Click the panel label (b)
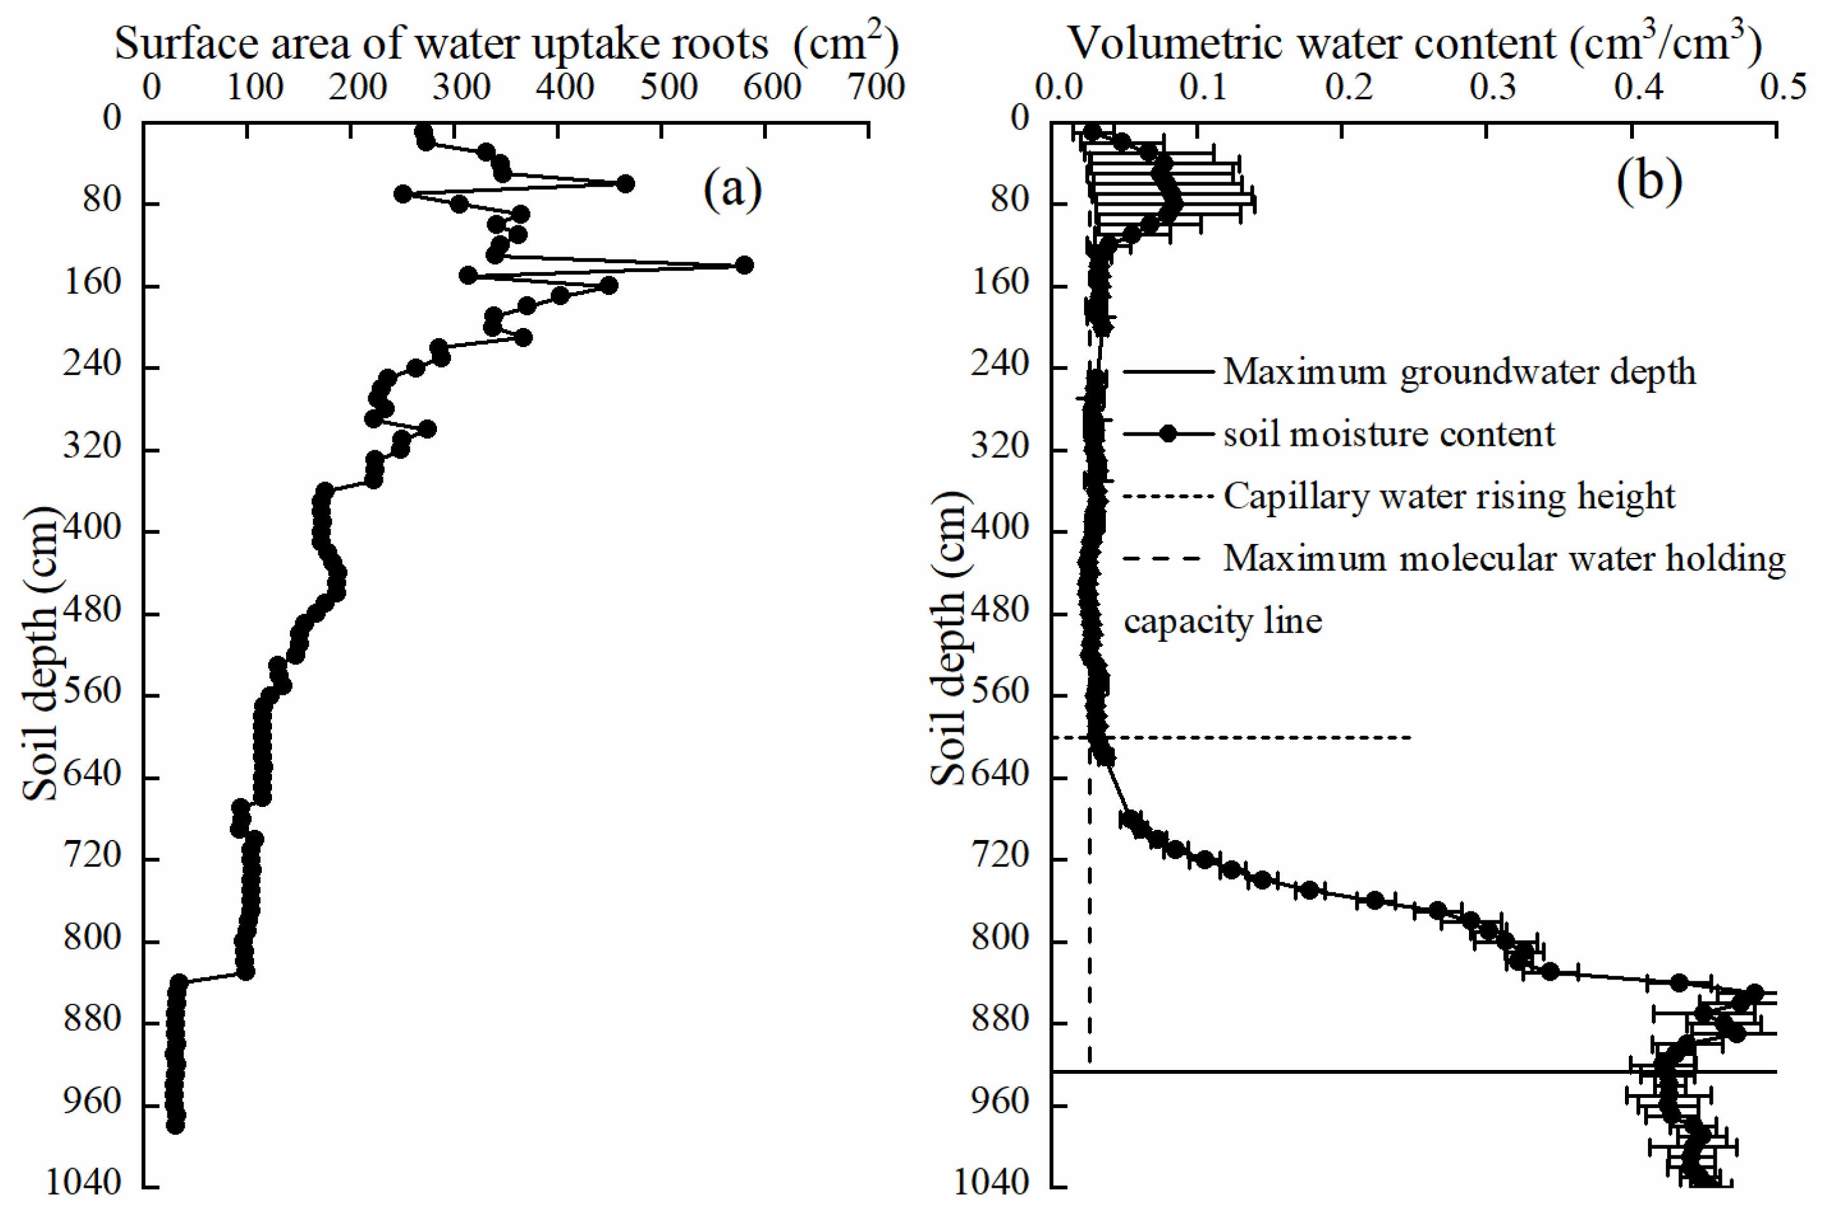point(1649,180)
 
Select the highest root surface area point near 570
point(744,265)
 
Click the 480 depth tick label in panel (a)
point(92,610)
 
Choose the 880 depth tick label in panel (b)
point(999,1019)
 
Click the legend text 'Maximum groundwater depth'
point(1459,371)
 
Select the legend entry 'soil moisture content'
point(1389,434)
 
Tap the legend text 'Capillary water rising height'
point(1449,496)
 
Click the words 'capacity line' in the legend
point(1222,621)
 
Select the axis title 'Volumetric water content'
point(1314,43)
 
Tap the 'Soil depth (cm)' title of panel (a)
point(40,653)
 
